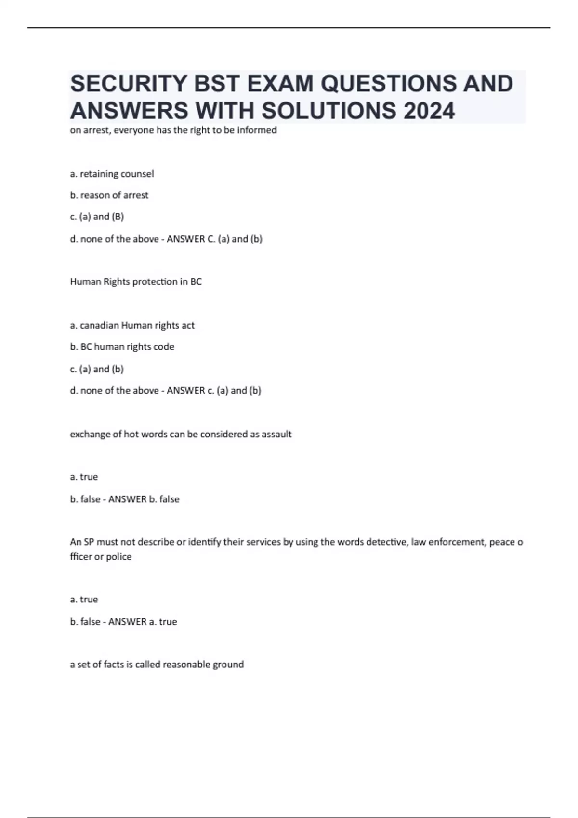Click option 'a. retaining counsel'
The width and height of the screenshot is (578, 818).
click(x=112, y=174)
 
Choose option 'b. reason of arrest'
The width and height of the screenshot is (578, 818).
click(x=109, y=195)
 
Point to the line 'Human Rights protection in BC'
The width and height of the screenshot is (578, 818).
click(x=136, y=282)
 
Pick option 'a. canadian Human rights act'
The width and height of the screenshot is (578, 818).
click(x=132, y=325)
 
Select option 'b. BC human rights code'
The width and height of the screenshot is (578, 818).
click(x=122, y=347)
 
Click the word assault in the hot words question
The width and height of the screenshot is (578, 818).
click(x=276, y=434)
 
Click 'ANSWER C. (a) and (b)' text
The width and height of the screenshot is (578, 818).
click(x=214, y=239)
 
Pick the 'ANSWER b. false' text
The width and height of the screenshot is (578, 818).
click(x=144, y=499)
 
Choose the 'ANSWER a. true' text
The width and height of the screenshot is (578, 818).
click(x=143, y=622)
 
